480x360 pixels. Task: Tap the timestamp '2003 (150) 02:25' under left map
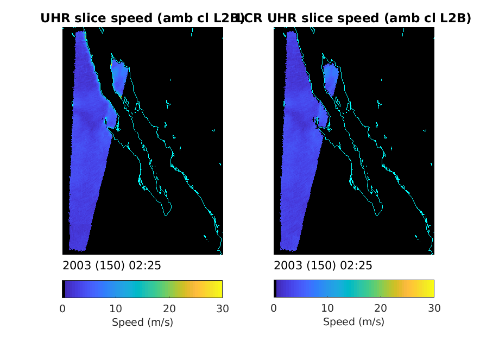112,266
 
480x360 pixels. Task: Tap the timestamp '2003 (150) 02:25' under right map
323,266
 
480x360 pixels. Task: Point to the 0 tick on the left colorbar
62,308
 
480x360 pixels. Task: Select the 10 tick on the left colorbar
116,308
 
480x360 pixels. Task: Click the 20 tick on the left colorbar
169,308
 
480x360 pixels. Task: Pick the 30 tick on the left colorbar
222,308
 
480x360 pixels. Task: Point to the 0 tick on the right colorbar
274,308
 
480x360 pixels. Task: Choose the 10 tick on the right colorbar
327,308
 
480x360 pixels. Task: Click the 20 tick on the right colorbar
380,308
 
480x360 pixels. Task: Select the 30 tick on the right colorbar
433,308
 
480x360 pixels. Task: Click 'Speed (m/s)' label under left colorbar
142,322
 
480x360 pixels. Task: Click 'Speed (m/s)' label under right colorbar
353,322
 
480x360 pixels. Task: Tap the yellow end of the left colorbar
219,289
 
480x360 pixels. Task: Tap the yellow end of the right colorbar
431,289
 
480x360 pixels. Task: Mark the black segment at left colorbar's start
64,289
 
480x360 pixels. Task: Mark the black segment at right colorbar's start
275,289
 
